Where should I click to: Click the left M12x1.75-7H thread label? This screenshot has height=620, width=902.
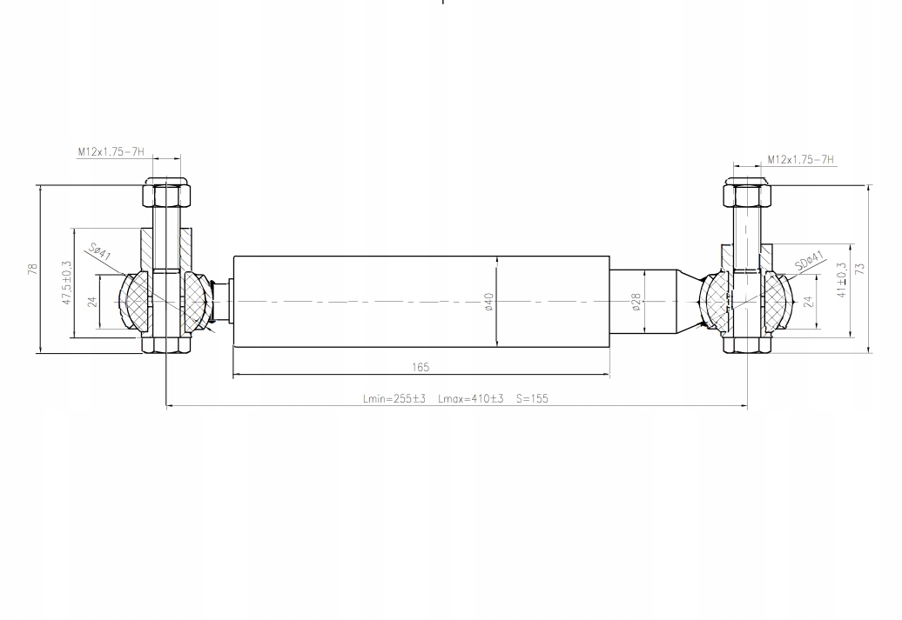pyautogui.click(x=111, y=152)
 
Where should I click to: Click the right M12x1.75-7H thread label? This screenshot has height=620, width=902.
pyautogui.click(x=800, y=160)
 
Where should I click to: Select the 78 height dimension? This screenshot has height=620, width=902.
pyautogui.click(x=33, y=269)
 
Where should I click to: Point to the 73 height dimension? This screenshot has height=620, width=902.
pyautogui.click(x=860, y=269)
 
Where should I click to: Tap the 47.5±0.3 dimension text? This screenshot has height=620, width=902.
pyautogui.click(x=67, y=283)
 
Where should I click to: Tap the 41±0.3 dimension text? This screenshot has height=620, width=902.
pyautogui.click(x=842, y=280)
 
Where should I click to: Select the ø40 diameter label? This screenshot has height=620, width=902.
pyautogui.click(x=489, y=302)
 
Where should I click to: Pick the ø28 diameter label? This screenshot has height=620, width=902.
pyautogui.click(x=636, y=302)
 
